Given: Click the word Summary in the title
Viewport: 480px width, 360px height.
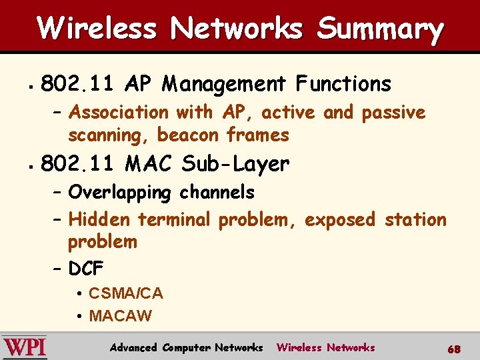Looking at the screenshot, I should tap(380, 29).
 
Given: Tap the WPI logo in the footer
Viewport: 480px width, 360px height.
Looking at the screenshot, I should tap(25, 347).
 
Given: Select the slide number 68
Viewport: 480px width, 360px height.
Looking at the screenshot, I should tap(454, 349).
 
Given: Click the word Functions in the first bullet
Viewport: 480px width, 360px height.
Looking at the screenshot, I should tap(344, 84).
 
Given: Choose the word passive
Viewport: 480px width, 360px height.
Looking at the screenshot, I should tap(393, 113).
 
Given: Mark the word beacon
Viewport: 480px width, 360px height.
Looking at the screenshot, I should tap(187, 135).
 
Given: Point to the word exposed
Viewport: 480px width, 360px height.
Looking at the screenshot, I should tap(341, 219).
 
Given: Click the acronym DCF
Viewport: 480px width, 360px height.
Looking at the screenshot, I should tap(86, 269).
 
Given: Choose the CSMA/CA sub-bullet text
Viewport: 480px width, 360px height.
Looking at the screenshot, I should tap(125, 293).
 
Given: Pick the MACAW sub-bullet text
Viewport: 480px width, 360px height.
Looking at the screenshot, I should tap(120, 316).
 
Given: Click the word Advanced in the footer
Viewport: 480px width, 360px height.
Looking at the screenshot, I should tap(133, 347).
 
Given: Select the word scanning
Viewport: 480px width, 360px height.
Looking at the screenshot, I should tap(109, 135).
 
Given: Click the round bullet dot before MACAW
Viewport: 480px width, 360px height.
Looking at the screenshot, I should tap(79, 316).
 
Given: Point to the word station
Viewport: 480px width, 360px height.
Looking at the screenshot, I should tap(415, 219).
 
